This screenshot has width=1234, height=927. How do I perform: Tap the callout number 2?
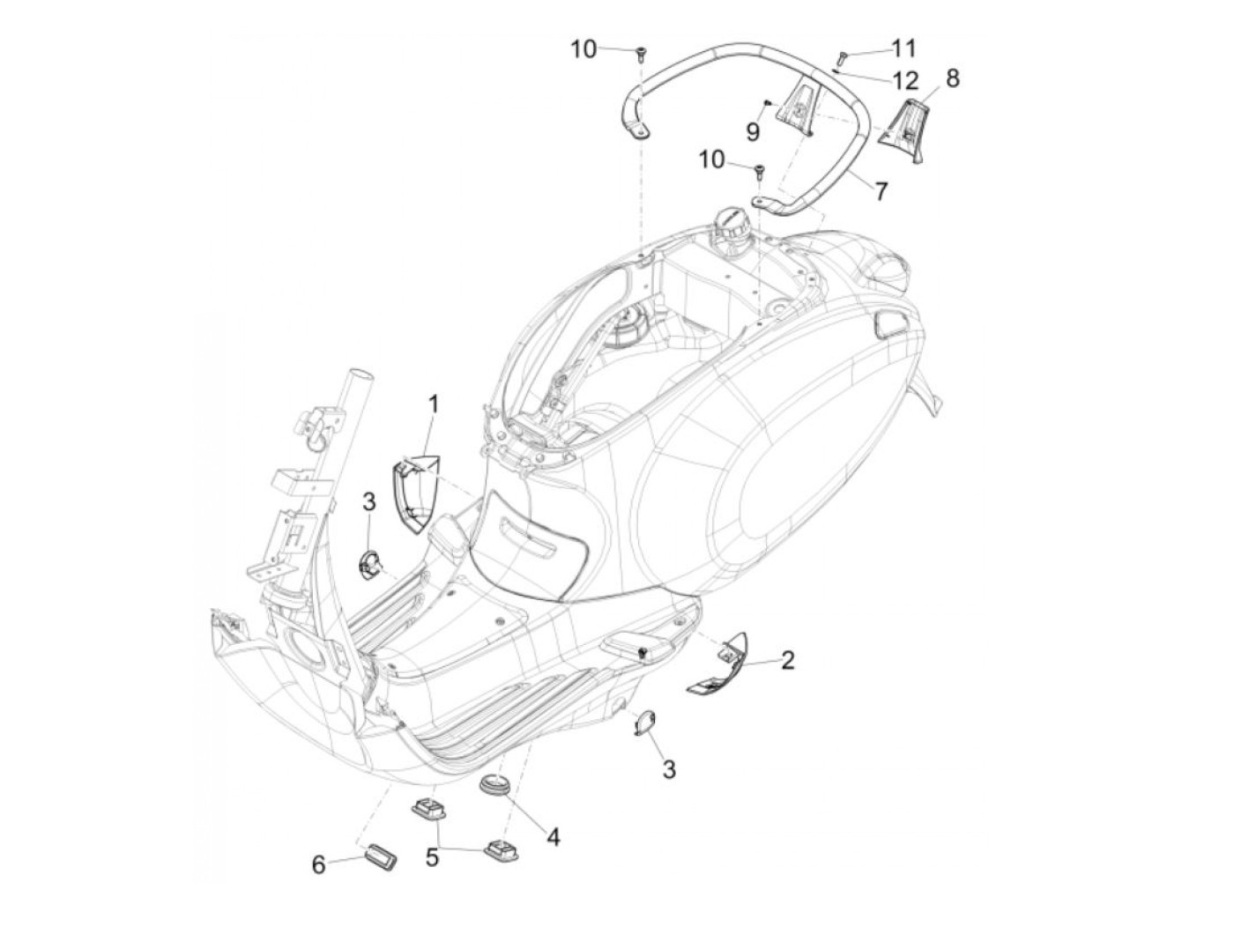pos(787,659)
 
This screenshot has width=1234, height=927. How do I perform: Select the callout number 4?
pos(553,836)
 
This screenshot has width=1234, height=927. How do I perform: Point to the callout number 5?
pos(432,857)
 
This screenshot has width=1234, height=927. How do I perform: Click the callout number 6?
pos(319,864)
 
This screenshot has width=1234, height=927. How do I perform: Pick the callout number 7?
pos(881,189)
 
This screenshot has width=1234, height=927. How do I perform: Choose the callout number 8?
pos(952,78)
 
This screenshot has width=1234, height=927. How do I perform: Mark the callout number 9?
pos(752,131)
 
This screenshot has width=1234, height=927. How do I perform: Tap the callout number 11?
pos(903,48)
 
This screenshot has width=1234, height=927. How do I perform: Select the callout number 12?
pos(905,81)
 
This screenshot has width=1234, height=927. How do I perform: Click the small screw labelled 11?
pos(841,58)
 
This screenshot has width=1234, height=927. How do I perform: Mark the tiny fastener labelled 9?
pos(768,102)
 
